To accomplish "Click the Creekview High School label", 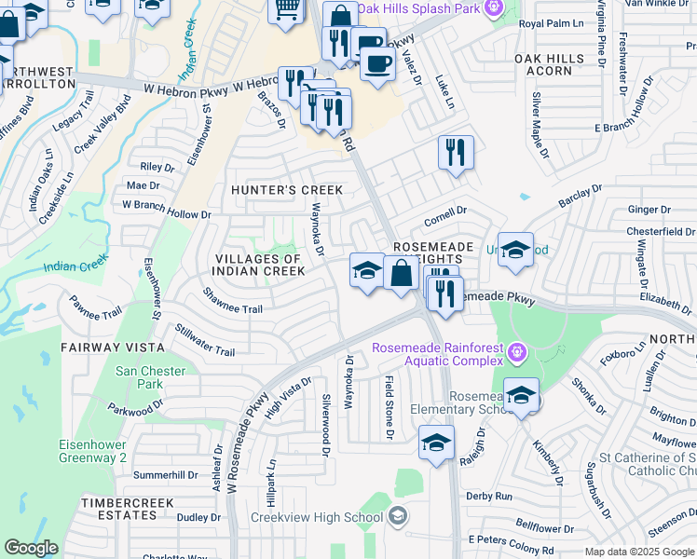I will click(x=316, y=517).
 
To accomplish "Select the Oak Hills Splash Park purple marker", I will click(x=494, y=8).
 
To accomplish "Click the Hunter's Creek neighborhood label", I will click(x=287, y=190).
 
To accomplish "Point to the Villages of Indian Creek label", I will click(x=259, y=265).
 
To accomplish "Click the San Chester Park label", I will click(x=150, y=377).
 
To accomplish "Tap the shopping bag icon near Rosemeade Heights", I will click(x=402, y=275).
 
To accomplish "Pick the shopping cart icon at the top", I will click(x=286, y=8).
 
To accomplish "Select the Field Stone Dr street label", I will click(x=389, y=408).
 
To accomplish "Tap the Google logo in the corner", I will click(x=31, y=548).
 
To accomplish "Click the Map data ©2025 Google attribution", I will click(x=638, y=552).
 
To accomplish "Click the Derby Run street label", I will click(x=489, y=497).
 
